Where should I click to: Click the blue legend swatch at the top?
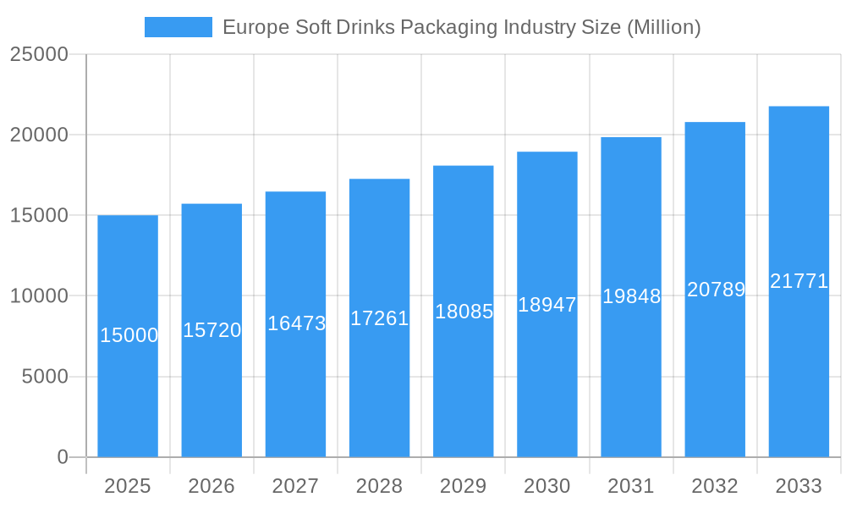click(179, 27)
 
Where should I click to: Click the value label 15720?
click(212, 330)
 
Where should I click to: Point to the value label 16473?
click(296, 323)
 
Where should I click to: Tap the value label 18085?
click(464, 312)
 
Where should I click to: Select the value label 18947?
click(547, 305)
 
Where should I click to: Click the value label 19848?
click(631, 296)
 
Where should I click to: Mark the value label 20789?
click(716, 290)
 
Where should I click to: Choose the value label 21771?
click(799, 281)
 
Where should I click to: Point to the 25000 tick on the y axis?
click(39, 54)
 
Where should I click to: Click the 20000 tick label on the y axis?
click(39, 135)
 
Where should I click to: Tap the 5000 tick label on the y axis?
click(45, 377)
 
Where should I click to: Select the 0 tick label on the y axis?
click(63, 457)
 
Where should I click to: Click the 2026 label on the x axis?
click(211, 486)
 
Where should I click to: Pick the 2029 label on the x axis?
click(464, 486)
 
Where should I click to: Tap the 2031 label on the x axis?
click(631, 486)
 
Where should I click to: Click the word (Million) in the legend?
click(663, 27)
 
